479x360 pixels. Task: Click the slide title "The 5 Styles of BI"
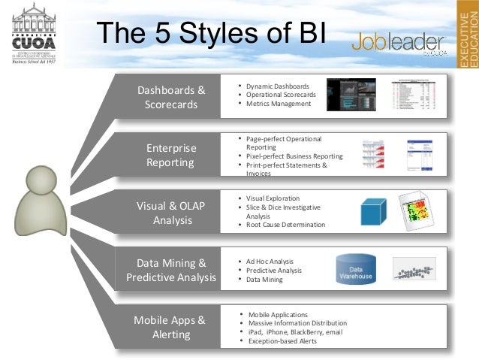point(211,35)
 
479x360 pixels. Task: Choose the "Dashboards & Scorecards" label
point(171,97)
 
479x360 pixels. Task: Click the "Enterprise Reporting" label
point(170,155)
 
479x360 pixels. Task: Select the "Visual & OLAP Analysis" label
point(171,213)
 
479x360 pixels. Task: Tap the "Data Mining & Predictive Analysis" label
point(171,271)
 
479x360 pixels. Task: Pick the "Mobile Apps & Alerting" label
point(170,328)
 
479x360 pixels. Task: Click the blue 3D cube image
point(372,211)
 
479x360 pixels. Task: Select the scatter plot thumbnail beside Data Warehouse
point(418,270)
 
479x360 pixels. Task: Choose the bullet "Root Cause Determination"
point(285,225)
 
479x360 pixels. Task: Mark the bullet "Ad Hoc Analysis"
point(270,261)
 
